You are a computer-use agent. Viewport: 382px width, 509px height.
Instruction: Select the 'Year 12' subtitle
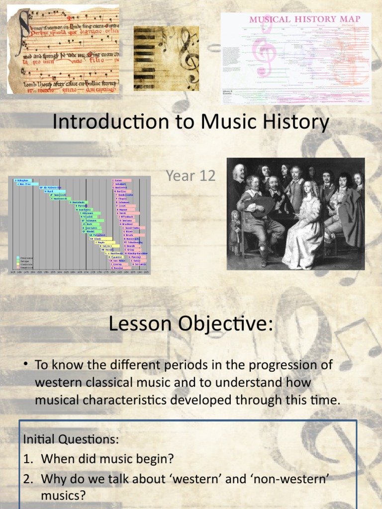tap(191, 175)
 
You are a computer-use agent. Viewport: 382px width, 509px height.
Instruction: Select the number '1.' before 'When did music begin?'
tap(29, 459)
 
